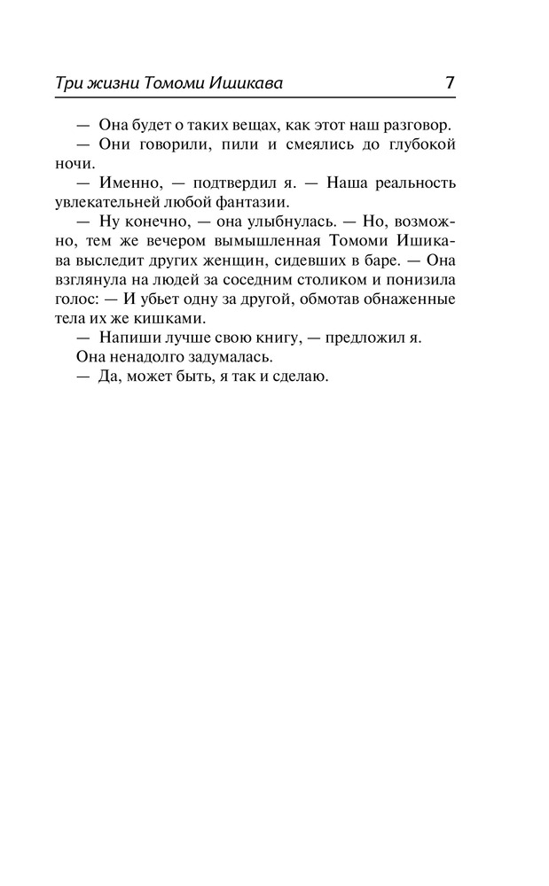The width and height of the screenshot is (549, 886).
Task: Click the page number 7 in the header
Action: pos(450,83)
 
